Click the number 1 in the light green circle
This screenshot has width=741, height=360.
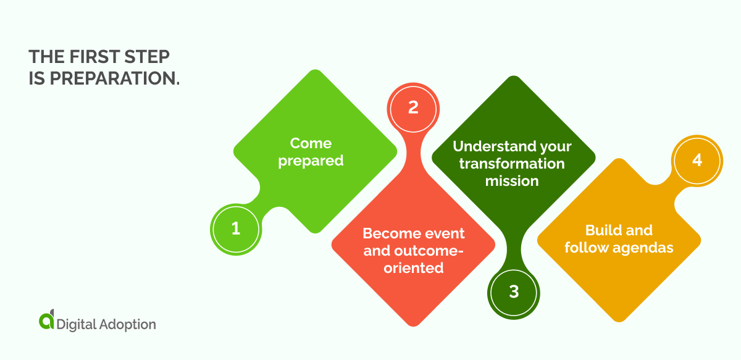coord(235,229)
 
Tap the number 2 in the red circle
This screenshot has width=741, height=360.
coord(413,107)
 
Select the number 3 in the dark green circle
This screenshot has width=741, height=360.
coord(514,292)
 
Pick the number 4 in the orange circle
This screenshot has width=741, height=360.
coord(697,160)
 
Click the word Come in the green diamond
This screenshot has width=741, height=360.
coord(311,143)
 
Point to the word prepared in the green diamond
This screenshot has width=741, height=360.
coord(311,161)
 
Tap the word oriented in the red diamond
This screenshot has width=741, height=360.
coord(413,268)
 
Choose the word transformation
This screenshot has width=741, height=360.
coord(512,164)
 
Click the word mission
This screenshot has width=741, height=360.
coord(512,181)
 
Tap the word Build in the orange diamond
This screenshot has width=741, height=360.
coord(600,230)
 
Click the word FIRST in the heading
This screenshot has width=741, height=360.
coord(90,57)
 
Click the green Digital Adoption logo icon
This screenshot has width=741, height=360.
coord(46,320)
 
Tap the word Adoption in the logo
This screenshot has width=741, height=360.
coord(127,324)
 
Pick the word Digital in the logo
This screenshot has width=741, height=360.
coord(76,324)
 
